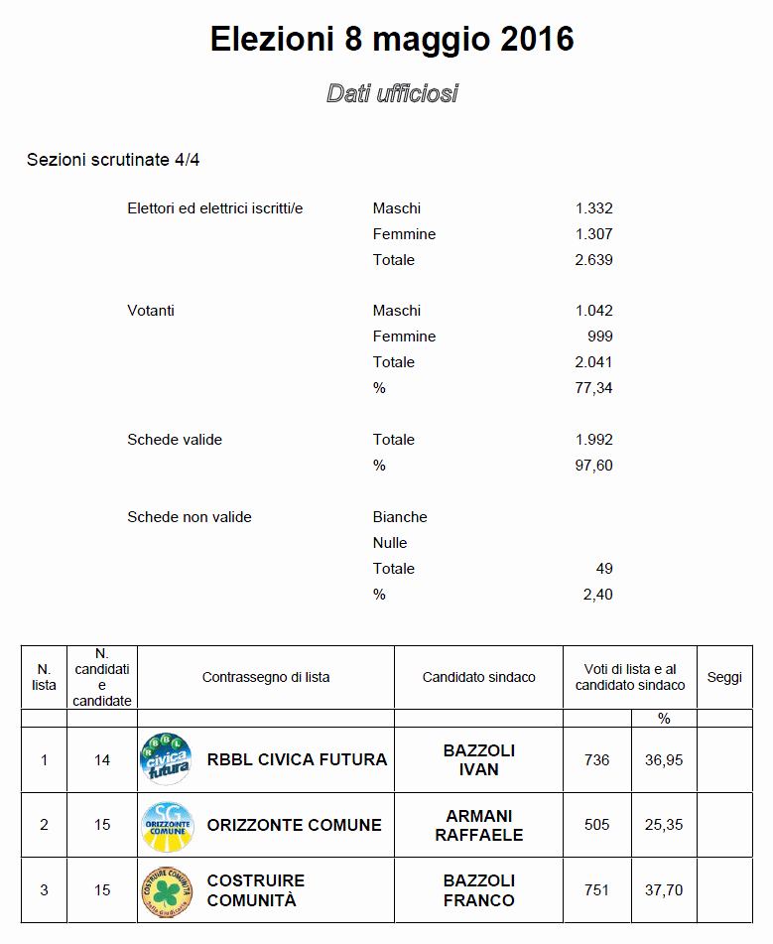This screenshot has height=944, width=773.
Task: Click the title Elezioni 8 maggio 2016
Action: pyautogui.click(x=392, y=40)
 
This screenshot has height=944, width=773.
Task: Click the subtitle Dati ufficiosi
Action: pyautogui.click(x=392, y=93)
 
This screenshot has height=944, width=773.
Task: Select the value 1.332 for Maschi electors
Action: pyautogui.click(x=593, y=208)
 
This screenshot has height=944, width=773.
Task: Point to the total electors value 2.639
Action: pyautogui.click(x=593, y=260)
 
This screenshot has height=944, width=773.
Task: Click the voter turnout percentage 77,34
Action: pyautogui.click(x=593, y=388)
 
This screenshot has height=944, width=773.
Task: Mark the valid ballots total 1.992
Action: pyautogui.click(x=593, y=440)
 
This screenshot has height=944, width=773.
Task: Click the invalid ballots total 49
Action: pyautogui.click(x=604, y=569)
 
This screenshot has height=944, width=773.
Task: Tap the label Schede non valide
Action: pyautogui.click(x=190, y=517)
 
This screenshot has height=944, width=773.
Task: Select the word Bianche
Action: pyautogui.click(x=400, y=517)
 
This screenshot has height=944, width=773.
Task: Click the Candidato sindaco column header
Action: pyautogui.click(x=478, y=677)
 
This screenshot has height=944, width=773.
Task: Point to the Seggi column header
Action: pyautogui.click(x=724, y=677)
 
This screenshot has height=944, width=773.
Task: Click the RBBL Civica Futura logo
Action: pyautogui.click(x=166, y=759)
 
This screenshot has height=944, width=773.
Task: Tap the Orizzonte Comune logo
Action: pyautogui.click(x=166, y=825)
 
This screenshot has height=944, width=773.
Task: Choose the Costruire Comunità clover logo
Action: pyautogui.click(x=166, y=890)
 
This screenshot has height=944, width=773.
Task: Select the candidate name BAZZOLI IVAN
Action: pyautogui.click(x=478, y=759)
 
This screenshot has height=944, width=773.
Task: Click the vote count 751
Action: pyautogui.click(x=596, y=890)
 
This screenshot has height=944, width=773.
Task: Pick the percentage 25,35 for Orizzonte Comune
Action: pyautogui.click(x=663, y=825)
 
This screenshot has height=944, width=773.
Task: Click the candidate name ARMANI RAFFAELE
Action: pyautogui.click(x=478, y=825)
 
